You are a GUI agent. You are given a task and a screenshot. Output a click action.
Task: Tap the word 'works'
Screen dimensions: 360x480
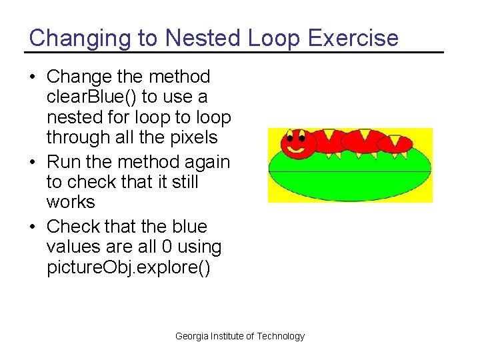click(70, 201)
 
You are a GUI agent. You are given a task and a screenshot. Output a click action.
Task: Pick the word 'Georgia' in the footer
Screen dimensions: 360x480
click(191, 336)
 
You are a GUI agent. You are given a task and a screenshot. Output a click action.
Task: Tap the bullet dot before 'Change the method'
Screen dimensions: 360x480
click(33, 77)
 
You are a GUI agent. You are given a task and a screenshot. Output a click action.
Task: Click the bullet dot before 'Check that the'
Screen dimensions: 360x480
click(33, 227)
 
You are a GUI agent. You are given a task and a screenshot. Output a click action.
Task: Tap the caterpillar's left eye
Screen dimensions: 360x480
click(291, 139)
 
